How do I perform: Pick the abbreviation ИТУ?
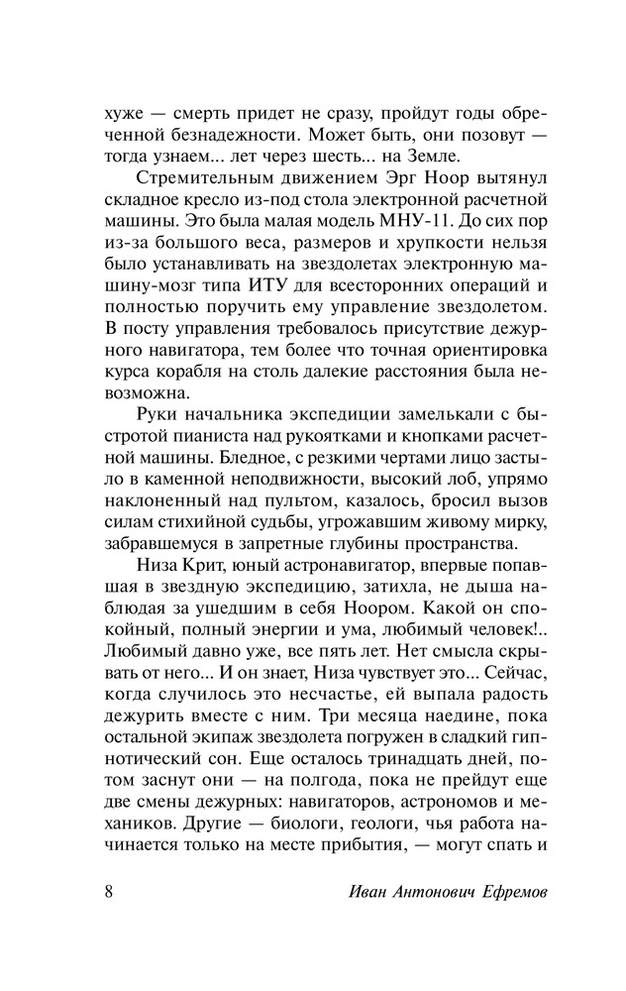pyautogui.click(x=287, y=288)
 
